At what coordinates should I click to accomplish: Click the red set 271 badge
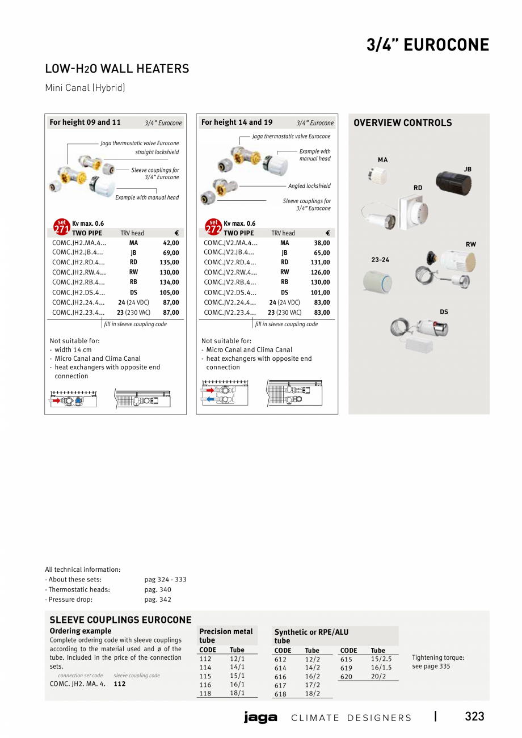click(x=61, y=227)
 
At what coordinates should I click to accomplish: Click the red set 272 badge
click(x=213, y=227)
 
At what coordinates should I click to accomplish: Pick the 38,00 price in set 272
click(x=322, y=243)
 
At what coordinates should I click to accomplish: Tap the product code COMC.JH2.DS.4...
click(x=79, y=293)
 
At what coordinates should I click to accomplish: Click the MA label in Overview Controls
click(x=383, y=160)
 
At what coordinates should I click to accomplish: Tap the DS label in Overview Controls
click(x=444, y=312)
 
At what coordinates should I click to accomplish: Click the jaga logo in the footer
click(x=260, y=718)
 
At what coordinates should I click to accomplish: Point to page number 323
click(x=474, y=716)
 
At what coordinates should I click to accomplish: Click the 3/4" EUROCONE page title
click(x=427, y=45)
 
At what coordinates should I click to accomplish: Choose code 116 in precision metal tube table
click(x=205, y=685)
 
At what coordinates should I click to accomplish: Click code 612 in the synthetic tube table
click(x=280, y=660)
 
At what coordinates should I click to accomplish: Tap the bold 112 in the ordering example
click(x=120, y=684)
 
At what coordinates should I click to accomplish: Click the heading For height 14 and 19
click(x=237, y=123)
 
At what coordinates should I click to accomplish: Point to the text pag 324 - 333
click(x=165, y=580)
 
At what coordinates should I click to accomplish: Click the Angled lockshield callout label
click(x=309, y=186)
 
